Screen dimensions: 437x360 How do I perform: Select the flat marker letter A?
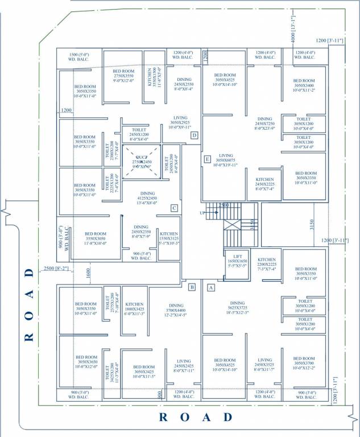[210, 288]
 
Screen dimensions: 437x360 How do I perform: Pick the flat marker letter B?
[192, 287]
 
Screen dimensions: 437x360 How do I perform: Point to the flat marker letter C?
[175, 208]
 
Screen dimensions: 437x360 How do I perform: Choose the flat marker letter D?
[194, 135]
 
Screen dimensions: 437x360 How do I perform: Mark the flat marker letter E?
[208, 158]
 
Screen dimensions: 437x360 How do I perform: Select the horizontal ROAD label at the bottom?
[196, 417]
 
